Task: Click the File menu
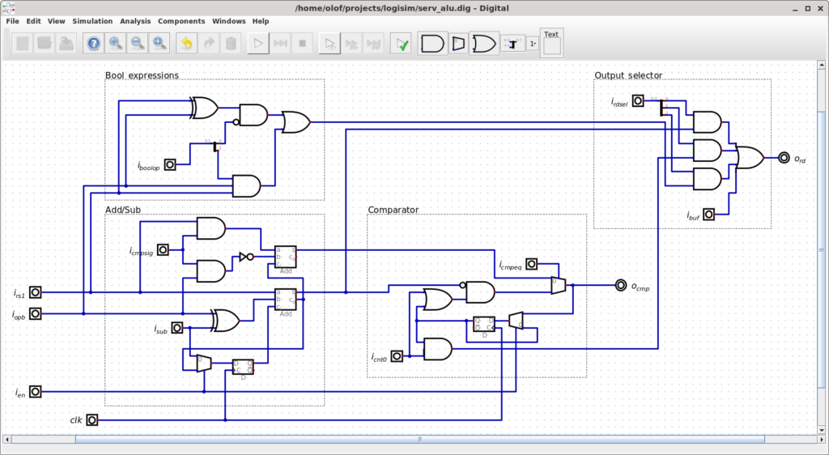pyautogui.click(x=12, y=21)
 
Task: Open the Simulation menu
pyautogui.click(x=92, y=21)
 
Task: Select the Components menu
pyautogui.click(x=181, y=21)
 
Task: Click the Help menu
pyautogui.click(x=261, y=21)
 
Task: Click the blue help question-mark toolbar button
pyautogui.click(x=94, y=44)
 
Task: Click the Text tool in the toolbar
pyautogui.click(x=551, y=44)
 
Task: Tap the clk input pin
pyautogui.click(x=92, y=419)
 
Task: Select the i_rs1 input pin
pyautogui.click(x=36, y=292)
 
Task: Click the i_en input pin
pyautogui.click(x=36, y=392)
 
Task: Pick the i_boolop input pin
pyautogui.click(x=170, y=164)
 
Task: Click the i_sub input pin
pyautogui.click(x=176, y=328)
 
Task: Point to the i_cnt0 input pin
pyautogui.click(x=397, y=356)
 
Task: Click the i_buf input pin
pyautogui.click(x=709, y=215)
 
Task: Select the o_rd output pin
pyautogui.click(x=784, y=158)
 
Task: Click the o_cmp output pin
pyautogui.click(x=621, y=285)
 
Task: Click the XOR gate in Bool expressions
pyautogui.click(x=204, y=108)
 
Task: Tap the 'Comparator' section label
pyautogui.click(x=393, y=210)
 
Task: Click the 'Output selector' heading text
pyautogui.click(x=628, y=75)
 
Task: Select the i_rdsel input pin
pyautogui.click(x=638, y=101)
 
